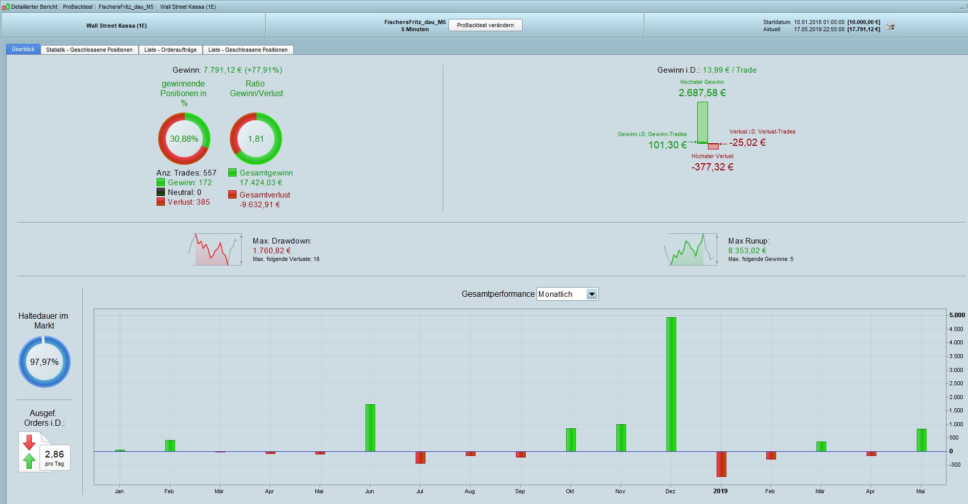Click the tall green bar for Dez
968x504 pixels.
coord(671,384)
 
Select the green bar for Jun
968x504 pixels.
coord(370,428)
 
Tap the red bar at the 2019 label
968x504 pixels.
coord(721,464)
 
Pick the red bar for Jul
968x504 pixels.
coord(420,457)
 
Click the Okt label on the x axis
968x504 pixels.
coord(570,491)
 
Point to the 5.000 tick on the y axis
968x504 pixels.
coord(957,315)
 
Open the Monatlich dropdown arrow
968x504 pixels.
coord(592,294)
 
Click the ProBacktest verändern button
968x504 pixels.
coord(485,25)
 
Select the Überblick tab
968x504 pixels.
coord(23,50)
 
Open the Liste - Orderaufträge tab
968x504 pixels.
coord(170,50)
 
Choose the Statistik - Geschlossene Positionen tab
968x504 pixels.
coord(89,50)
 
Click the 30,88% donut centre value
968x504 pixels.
coord(184,139)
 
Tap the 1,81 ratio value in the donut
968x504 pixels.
coord(255,139)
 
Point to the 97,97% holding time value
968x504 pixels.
coord(44,362)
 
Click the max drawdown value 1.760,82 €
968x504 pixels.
coord(271,251)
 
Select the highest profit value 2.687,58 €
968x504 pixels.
coord(702,93)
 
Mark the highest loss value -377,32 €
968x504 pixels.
coord(712,167)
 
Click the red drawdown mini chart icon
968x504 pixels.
coord(215,250)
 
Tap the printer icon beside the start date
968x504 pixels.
coord(890,26)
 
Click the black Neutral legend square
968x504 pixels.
coord(161,192)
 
